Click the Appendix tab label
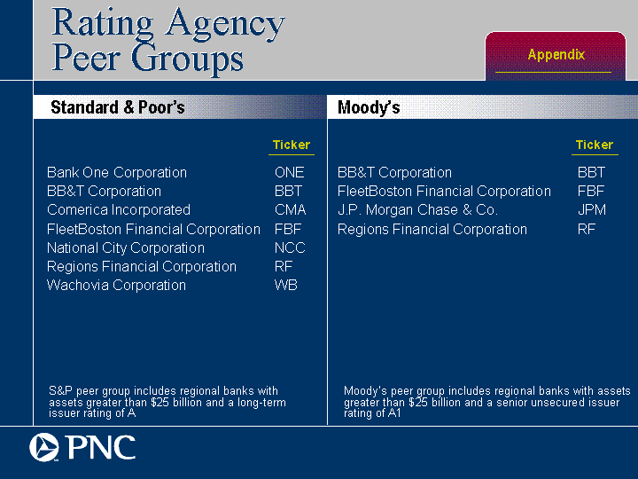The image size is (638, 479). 556,55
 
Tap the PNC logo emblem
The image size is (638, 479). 44,447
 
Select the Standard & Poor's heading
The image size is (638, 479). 118,107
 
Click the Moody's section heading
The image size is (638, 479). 369,107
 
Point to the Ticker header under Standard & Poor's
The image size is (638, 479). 292,145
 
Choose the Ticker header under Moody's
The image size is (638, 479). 595,145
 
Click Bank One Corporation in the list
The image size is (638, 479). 117,172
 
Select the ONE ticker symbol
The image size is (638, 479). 289,172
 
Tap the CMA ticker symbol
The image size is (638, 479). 290,209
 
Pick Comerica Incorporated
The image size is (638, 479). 119,209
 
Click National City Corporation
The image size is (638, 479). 126,247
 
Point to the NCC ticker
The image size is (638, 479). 290,247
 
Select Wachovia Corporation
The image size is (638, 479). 116,285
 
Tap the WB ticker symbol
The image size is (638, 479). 286,285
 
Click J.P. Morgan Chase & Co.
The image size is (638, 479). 417,209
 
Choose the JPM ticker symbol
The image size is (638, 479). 592,209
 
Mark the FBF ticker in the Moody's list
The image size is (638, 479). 591,191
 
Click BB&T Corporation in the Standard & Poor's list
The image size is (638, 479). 105,191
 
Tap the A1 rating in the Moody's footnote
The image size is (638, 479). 394,413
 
